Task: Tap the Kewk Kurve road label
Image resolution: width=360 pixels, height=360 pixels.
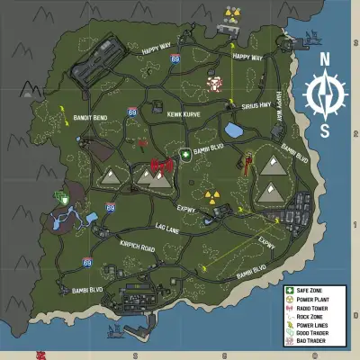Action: [x=184, y=113]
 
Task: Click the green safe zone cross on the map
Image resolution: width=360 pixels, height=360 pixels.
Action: [x=185, y=154]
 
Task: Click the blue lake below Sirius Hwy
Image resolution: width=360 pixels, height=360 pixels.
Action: [x=234, y=131]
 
